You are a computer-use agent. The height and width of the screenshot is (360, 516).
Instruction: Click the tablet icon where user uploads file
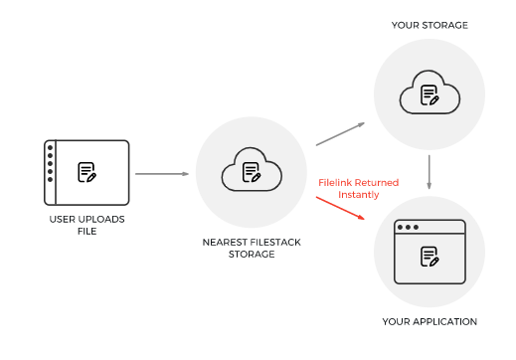coord(86,173)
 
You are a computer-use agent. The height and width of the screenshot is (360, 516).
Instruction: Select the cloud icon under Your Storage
coord(429,95)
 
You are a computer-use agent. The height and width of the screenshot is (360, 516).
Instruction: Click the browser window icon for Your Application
coord(429,255)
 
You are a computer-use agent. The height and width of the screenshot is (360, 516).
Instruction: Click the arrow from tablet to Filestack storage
coord(162,174)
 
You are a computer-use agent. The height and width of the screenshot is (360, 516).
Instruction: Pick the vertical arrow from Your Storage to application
coord(429,171)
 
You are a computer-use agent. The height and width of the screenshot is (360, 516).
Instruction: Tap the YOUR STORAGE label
coord(430,25)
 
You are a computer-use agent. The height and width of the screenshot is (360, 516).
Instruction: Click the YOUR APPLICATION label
coord(430,321)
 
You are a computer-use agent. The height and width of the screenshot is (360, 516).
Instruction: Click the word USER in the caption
coord(62,218)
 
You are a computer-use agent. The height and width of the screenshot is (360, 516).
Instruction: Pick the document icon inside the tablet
coord(88,173)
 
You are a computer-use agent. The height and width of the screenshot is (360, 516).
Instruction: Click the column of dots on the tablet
coord(50,173)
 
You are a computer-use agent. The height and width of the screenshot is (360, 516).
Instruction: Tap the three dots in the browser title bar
coord(408,227)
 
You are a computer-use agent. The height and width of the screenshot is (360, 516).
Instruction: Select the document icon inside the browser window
coord(430,257)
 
